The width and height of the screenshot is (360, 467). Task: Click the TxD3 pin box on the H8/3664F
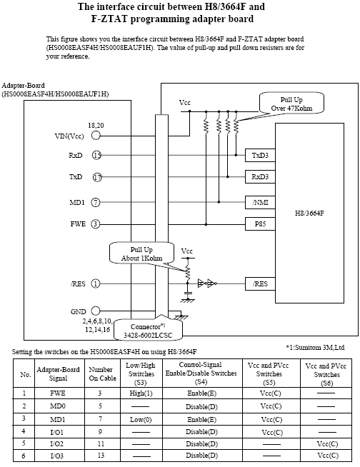coord(260,155)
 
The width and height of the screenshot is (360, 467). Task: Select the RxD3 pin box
coord(260,176)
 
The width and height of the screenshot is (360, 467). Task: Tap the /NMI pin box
coord(260,203)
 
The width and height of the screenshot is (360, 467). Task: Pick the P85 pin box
coord(260,224)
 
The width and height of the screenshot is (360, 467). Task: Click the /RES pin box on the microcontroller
coord(260,283)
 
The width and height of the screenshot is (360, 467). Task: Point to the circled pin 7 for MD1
coord(96,203)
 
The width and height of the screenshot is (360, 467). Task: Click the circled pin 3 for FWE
coord(95,224)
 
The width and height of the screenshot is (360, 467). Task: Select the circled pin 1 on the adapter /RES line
coord(96,283)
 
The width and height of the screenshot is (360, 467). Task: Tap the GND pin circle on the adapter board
coord(96,311)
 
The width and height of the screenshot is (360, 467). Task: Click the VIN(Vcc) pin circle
coord(96,136)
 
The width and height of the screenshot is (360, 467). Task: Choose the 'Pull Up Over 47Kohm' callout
coord(291,104)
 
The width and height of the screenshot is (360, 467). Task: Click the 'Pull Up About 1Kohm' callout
coord(141,253)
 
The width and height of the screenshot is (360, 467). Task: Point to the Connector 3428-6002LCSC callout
coord(148,330)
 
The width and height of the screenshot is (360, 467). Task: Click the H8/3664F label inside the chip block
coord(309,213)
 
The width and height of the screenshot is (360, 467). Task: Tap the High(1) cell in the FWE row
coord(141,393)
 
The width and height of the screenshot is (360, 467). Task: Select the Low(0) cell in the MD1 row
coord(141,420)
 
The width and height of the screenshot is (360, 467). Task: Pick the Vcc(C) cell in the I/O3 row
coord(327,456)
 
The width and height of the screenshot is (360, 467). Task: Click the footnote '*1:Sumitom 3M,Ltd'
coord(315,347)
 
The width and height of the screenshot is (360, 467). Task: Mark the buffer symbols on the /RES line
coord(207,283)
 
